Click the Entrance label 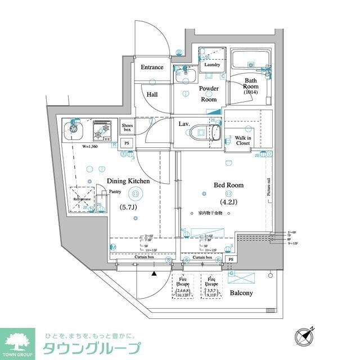[152, 67]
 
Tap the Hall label [152, 95]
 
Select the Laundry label [212, 65]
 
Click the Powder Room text [209, 93]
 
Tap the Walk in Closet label [243, 140]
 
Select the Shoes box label [127, 127]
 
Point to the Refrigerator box [82, 199]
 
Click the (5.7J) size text [128, 206]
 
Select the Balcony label [241, 293]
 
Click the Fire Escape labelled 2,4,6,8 [183, 287]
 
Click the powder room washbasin [184, 76]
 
